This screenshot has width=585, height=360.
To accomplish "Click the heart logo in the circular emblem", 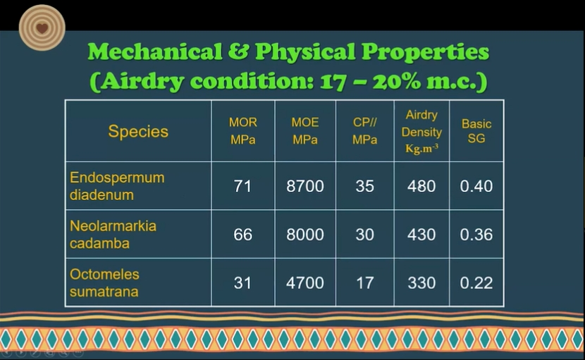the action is (x=42, y=28).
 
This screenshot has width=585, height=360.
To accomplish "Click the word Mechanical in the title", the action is (x=155, y=51).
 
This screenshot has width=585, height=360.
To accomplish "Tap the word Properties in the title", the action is (x=425, y=52).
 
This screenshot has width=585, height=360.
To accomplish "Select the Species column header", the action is (x=138, y=131).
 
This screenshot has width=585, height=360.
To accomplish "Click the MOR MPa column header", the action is (x=243, y=131).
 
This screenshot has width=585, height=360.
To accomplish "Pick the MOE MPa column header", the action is (x=305, y=131).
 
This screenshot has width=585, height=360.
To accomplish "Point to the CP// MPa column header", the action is (x=365, y=131).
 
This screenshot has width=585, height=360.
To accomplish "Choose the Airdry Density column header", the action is (x=421, y=132).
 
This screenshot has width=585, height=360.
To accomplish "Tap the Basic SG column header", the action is (x=476, y=131).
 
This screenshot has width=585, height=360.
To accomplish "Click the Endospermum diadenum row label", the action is (x=117, y=186).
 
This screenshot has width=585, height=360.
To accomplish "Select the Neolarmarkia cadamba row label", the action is (x=113, y=235).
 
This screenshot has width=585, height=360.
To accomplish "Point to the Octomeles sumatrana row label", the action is (x=104, y=283).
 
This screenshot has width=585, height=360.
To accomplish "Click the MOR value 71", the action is (x=242, y=186).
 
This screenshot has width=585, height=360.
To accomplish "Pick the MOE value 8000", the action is (x=305, y=235).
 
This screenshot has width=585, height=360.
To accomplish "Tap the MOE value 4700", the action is (x=305, y=283).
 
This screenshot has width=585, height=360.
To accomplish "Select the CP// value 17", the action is (x=365, y=283).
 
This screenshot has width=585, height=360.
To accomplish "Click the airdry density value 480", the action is (x=421, y=186).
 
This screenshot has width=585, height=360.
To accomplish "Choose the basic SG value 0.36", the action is (x=476, y=235).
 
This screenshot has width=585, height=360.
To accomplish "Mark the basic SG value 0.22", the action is (x=476, y=283).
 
